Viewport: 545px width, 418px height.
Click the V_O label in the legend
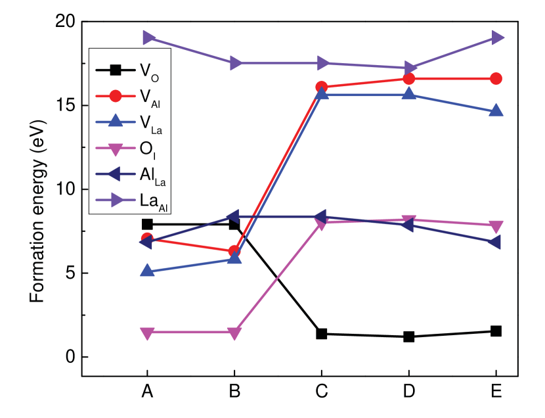pyautogui.click(x=149, y=72)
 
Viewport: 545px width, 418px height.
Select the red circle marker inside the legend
pyautogui.click(x=115, y=96)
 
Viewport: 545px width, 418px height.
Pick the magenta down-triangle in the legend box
pyautogui.click(x=115, y=149)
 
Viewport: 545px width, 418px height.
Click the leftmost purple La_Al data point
pyautogui.click(x=148, y=37)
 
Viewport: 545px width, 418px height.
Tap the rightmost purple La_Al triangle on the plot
pyautogui.click(x=496, y=37)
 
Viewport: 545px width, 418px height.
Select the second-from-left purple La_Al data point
pyautogui.click(x=235, y=63)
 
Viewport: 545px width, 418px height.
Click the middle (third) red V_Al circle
pyautogui.click(x=322, y=87)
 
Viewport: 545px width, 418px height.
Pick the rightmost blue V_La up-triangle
pyautogui.click(x=496, y=110)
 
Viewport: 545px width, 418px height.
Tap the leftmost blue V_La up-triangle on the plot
pyautogui.click(x=148, y=270)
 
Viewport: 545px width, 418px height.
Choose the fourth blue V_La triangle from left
pyautogui.click(x=408, y=94)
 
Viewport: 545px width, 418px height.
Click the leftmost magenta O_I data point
pyautogui.click(x=148, y=333)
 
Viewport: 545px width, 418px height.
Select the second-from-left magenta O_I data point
pyautogui.click(x=234, y=333)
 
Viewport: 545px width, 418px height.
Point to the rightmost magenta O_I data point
pyautogui.click(x=496, y=227)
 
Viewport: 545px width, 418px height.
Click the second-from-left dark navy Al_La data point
pyautogui.click(x=233, y=216)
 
